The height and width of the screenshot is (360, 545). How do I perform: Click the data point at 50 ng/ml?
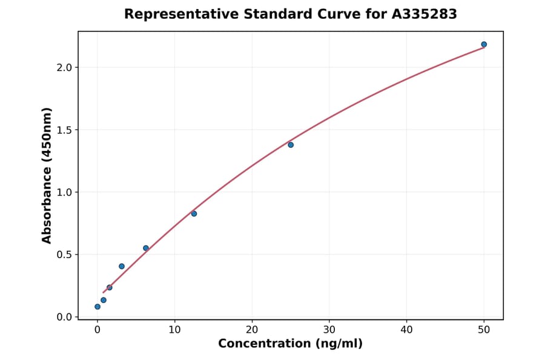484,44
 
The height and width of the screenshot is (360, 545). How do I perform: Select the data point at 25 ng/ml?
291,145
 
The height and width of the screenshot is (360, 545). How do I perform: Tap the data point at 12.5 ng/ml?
194,213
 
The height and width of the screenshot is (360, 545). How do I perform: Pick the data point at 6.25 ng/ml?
146,248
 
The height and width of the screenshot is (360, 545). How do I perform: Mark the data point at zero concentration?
97,307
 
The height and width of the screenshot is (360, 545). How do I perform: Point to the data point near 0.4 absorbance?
122,266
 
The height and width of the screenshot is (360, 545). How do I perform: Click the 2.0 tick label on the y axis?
64,67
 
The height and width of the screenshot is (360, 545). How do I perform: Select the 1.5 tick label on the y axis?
64,130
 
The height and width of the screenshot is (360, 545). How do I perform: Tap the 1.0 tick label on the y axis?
64,192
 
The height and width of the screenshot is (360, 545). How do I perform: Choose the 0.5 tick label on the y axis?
64,255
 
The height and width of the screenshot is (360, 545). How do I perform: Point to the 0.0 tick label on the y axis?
64,317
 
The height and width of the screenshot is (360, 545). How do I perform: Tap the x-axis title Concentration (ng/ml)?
291,344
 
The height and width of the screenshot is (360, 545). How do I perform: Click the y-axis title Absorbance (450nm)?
47,175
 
